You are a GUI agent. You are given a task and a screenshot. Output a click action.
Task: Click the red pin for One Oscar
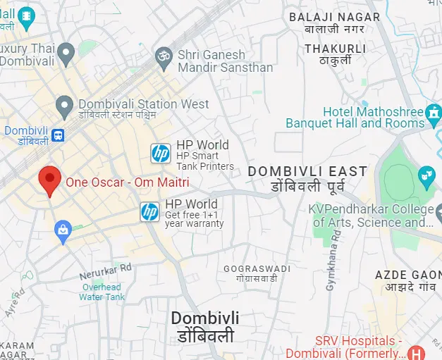click(49, 180)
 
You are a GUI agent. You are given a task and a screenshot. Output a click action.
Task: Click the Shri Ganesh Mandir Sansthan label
click(225, 61)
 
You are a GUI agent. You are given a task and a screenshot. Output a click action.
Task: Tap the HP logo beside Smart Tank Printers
click(161, 152)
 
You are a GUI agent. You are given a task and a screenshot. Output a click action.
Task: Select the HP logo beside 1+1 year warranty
click(149, 211)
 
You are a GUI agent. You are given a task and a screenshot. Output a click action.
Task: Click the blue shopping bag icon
click(63, 230)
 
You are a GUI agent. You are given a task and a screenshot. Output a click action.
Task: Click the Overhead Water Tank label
click(101, 292)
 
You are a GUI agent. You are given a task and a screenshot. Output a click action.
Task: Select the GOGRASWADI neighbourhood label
click(257, 273)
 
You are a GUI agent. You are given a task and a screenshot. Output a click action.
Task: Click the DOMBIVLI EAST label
click(307, 178)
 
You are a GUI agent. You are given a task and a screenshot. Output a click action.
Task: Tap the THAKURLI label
click(335, 55)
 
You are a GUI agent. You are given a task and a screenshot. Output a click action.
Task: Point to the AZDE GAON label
click(408, 280)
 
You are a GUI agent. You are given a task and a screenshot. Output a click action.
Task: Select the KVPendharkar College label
click(372, 216)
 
